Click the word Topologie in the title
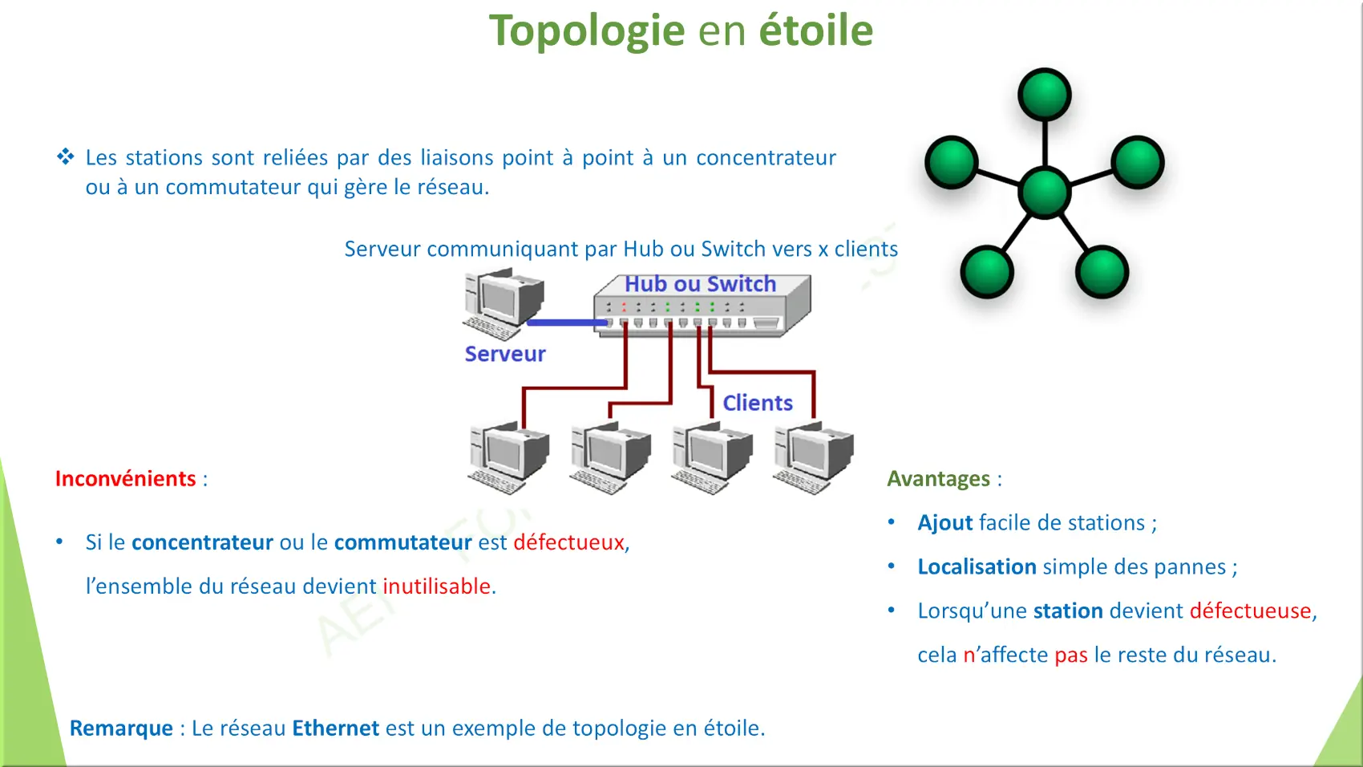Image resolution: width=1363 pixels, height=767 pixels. tap(587, 31)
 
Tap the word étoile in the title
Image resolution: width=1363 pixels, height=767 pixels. tap(816, 30)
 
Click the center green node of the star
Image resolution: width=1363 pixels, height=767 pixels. tap(1044, 193)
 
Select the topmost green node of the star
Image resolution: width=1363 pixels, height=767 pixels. tap(1044, 95)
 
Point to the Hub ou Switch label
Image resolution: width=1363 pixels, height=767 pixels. tap(701, 284)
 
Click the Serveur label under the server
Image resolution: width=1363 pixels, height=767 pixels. tap(505, 354)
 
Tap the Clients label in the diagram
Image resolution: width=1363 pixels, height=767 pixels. tap(758, 403)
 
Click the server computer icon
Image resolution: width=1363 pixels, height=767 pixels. tap(504, 303)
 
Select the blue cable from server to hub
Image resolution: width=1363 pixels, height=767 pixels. tap(567, 323)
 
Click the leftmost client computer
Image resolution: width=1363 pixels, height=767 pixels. tap(508, 458)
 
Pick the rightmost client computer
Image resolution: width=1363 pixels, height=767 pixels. tap(813, 458)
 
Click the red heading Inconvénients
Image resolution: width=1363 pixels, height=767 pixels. tap(125, 478)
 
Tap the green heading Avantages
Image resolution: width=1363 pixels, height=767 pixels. tap(938, 479)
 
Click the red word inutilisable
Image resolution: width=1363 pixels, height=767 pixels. tap(436, 586)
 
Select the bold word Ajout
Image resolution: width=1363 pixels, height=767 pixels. tap(945, 523)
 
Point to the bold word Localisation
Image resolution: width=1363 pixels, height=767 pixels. tap(977, 566)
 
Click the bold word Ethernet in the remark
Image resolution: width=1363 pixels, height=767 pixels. tap(335, 728)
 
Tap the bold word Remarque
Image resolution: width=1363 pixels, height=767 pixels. tap(121, 728)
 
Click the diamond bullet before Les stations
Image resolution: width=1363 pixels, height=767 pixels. tap(65, 156)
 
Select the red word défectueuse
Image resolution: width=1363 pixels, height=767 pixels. tap(1251, 611)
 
